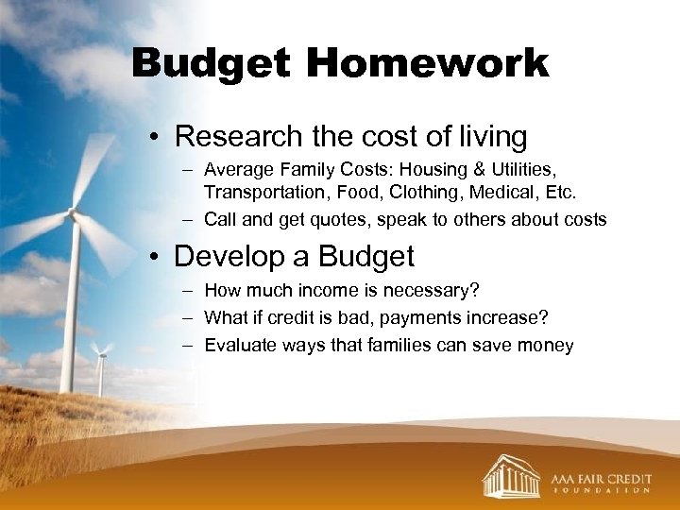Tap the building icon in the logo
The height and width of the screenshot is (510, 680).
point(510,475)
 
